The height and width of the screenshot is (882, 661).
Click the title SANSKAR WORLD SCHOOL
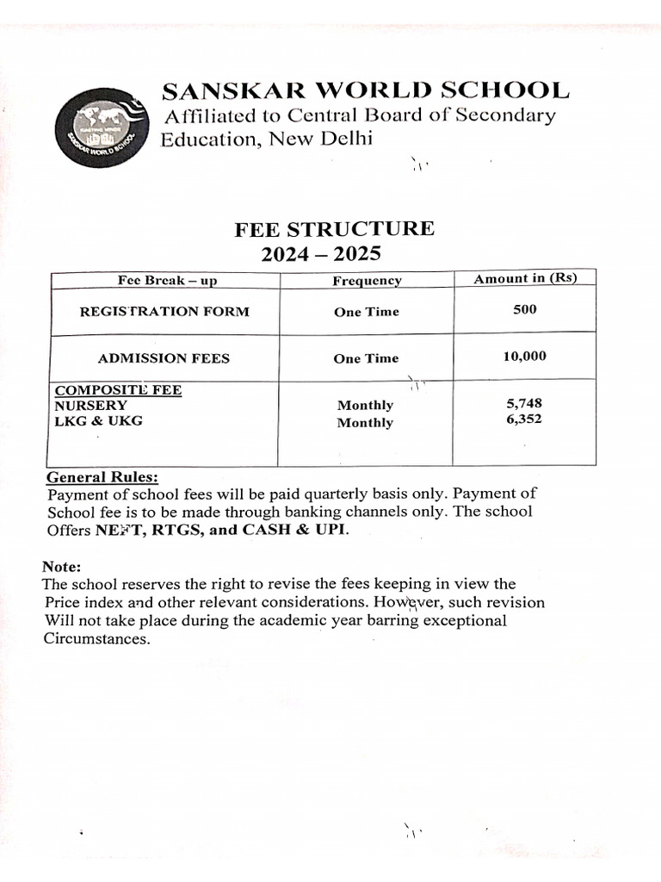366,90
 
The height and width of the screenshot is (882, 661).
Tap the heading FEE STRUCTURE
335,229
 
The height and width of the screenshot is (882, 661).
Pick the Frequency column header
367,281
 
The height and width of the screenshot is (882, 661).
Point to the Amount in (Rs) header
525,277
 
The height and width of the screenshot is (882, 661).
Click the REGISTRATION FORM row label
164,312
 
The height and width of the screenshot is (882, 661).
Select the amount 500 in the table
525,309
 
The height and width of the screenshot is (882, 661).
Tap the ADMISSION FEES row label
164,358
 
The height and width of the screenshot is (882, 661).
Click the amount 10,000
525,356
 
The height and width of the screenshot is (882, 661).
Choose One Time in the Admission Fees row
367,358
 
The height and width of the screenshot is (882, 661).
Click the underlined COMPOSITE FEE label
118,389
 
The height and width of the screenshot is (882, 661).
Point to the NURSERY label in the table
91,405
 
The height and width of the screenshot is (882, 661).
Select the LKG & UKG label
99,420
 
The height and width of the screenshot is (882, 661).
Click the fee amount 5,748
525,402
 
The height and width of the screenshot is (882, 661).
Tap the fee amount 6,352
525,419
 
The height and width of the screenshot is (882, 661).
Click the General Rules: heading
102,477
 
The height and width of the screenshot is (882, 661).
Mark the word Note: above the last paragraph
61,567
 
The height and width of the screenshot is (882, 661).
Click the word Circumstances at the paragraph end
97,639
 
